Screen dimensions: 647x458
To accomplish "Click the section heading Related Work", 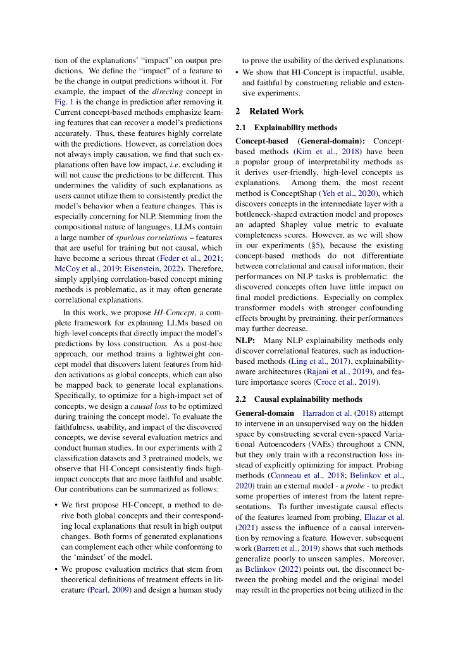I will click(x=276, y=111).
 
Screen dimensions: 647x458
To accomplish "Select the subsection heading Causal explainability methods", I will click(x=299, y=399).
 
